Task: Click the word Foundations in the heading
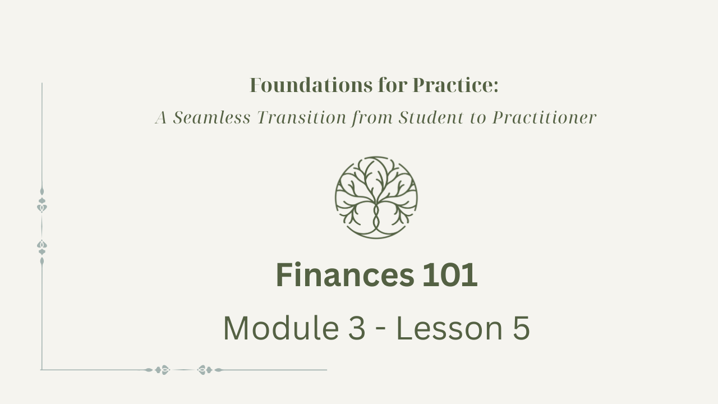coord(311,85)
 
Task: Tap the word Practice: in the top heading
coord(455,85)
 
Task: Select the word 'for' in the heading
coord(392,85)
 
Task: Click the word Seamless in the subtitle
coord(211,117)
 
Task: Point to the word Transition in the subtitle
coord(302,117)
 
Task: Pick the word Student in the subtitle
coord(431,117)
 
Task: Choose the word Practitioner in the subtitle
coord(544,117)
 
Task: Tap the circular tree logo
coord(376,198)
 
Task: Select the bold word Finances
coord(345,275)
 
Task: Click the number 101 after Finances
coord(450,275)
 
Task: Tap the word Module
coord(281,328)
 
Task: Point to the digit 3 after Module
coord(356,328)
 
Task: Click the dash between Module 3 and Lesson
coord(380,330)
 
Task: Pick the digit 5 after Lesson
coord(521,328)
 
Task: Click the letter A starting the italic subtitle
coord(161,118)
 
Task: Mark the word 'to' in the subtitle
coord(478,118)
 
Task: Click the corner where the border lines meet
coord(42,370)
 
